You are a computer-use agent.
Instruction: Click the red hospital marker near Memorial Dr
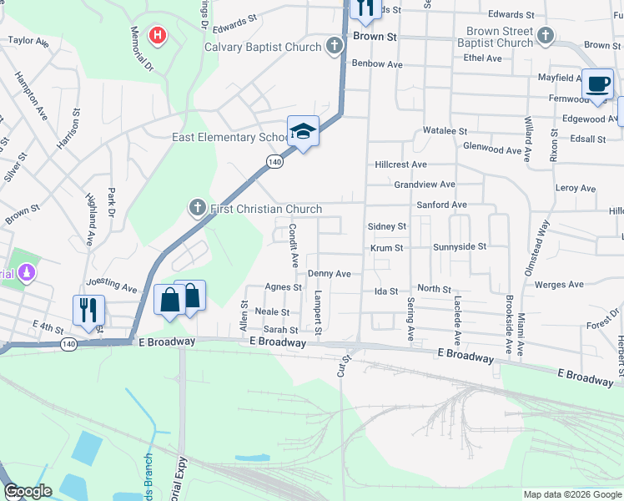(x=157, y=35)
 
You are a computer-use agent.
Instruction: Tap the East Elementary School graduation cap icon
(x=304, y=131)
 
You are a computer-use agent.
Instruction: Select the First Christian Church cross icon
(x=198, y=208)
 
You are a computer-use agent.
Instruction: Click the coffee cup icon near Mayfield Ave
(x=596, y=83)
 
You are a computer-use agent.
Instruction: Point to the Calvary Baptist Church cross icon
(x=335, y=46)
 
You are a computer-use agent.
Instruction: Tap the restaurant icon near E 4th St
(x=88, y=310)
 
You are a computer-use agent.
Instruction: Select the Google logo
(x=28, y=491)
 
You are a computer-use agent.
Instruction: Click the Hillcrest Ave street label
(x=400, y=165)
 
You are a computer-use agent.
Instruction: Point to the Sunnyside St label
(x=459, y=247)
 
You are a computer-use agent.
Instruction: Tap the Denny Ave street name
(x=329, y=273)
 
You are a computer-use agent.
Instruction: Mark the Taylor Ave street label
(x=29, y=40)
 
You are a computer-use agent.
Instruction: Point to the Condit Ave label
(x=294, y=245)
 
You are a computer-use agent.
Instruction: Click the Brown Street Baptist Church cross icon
(x=546, y=36)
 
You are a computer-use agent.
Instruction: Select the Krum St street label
(x=387, y=248)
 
